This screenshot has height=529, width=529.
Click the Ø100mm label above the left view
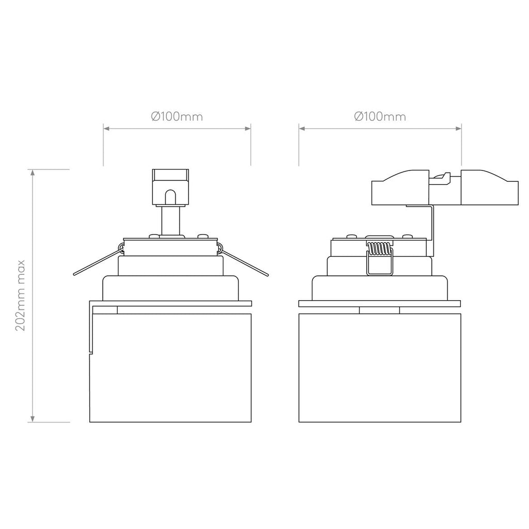[177, 117]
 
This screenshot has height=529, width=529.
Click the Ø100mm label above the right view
[380, 117]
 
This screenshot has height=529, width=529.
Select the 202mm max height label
[21, 295]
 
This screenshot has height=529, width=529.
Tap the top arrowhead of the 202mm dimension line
[33, 173]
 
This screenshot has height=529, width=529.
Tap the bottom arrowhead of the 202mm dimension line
[33, 418]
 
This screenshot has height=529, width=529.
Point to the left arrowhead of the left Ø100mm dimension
[106, 129]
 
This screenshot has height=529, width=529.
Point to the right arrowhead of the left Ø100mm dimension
[247, 129]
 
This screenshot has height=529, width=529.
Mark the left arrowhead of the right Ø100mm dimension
[302, 129]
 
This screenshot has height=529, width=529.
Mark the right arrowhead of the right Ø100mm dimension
[458, 129]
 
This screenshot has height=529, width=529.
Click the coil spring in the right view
[379, 248]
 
